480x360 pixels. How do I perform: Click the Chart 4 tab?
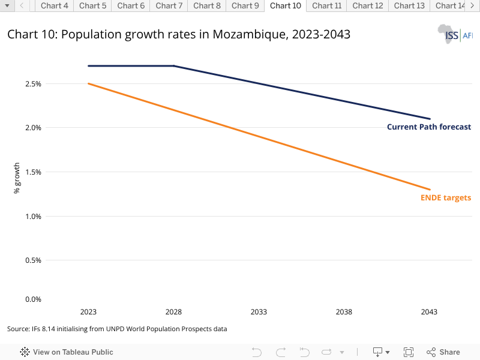tap(54, 6)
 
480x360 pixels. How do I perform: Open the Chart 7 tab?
tap(169, 6)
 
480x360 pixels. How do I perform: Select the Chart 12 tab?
tap(368, 6)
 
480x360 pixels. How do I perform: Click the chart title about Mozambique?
tap(179, 35)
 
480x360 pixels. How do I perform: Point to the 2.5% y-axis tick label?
tap(33, 84)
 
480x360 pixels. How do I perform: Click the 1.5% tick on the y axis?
tap(33, 172)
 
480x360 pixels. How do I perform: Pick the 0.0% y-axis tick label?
tap(33, 299)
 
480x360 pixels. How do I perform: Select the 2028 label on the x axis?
tap(173, 312)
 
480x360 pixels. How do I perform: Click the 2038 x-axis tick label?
tap(344, 312)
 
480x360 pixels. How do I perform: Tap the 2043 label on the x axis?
tap(429, 312)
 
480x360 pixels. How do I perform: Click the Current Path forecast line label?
tap(428, 127)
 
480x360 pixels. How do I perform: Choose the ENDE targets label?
tap(445, 198)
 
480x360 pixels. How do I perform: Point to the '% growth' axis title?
tap(17, 178)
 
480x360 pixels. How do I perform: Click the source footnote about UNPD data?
tap(117, 329)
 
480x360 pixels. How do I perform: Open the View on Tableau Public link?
tap(67, 352)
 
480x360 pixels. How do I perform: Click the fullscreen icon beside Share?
tap(409, 352)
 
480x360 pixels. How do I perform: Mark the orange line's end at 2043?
tap(430, 190)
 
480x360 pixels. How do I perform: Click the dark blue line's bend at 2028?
tap(173, 66)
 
